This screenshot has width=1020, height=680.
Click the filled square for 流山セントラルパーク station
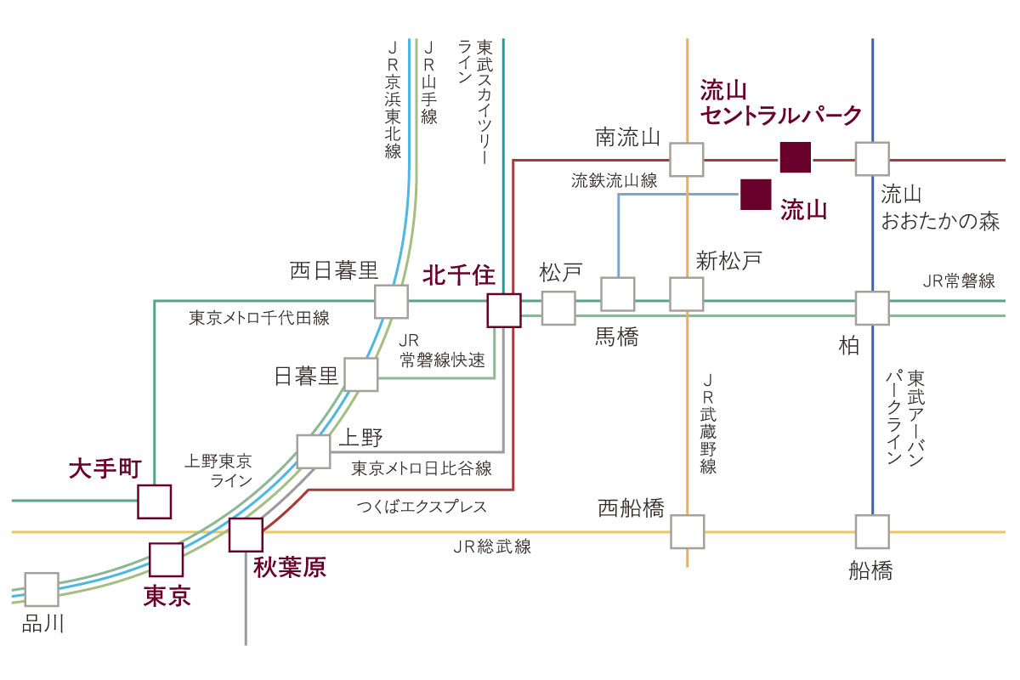point(795,157)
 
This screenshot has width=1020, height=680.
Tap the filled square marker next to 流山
point(756,195)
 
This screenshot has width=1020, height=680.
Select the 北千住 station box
point(503,310)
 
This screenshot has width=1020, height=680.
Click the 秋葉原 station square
point(246,535)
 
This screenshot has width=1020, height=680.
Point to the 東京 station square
point(167,560)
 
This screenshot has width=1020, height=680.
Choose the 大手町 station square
point(155,501)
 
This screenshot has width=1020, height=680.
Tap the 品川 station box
point(42,589)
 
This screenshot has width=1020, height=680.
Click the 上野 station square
point(314,451)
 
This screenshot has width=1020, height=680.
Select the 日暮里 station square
point(361,374)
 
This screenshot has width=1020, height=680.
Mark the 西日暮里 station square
point(391,302)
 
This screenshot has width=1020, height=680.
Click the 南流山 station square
point(687,160)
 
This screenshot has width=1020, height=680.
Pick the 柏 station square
point(872,309)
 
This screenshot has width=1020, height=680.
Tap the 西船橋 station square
point(688,531)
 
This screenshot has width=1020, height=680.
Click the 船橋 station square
point(872,531)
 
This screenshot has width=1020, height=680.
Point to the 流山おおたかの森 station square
point(872,159)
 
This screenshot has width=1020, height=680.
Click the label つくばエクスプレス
point(422,507)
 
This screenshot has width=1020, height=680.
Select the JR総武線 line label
point(492,547)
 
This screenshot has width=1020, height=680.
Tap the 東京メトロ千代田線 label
point(259,318)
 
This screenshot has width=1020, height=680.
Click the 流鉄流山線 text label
point(615,181)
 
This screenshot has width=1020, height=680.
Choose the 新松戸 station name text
point(729,261)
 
